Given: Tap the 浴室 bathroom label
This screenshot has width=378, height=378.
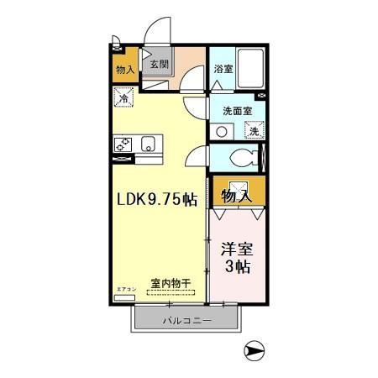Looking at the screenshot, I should (x=223, y=69).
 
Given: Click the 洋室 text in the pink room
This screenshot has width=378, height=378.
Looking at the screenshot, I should (x=236, y=249).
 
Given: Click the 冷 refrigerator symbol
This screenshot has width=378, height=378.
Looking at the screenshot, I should (x=123, y=99).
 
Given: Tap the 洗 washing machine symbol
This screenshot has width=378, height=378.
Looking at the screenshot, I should (x=252, y=130).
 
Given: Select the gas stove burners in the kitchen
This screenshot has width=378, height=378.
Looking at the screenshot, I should (x=124, y=144).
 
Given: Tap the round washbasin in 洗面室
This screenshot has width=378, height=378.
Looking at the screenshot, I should (x=221, y=130).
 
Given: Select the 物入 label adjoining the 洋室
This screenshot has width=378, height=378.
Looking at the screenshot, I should (x=236, y=197).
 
